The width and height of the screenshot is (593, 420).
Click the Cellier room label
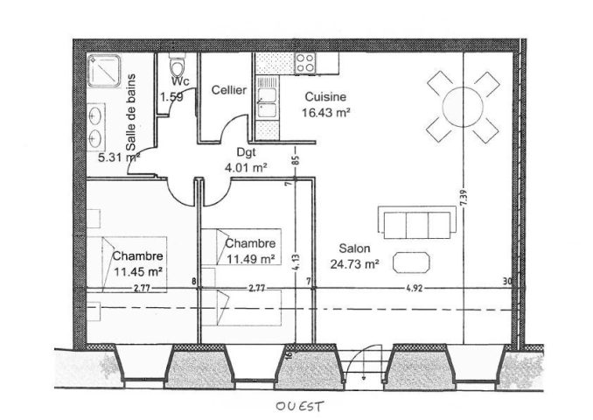229,90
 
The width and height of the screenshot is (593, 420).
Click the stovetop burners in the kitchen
305,62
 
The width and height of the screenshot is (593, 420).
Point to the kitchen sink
267,101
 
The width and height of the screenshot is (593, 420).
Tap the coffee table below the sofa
411,261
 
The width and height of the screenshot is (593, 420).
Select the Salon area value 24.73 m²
354,262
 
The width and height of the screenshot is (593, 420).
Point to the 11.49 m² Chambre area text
250,257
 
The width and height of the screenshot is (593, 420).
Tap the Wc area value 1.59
171,96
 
